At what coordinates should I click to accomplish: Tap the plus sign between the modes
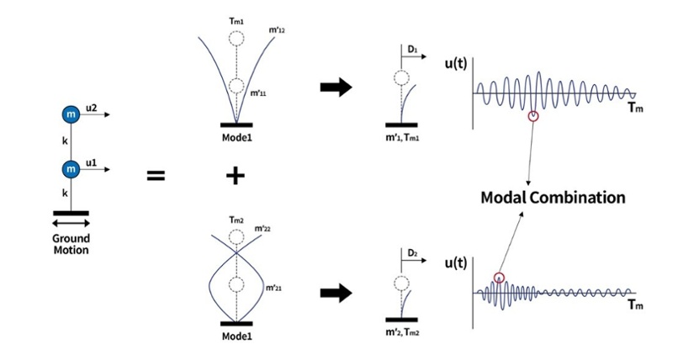tap(236, 176)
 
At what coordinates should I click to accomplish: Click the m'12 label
tap(275, 31)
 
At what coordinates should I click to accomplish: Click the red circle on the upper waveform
tap(532, 116)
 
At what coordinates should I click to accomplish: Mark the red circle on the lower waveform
tap(499, 278)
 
